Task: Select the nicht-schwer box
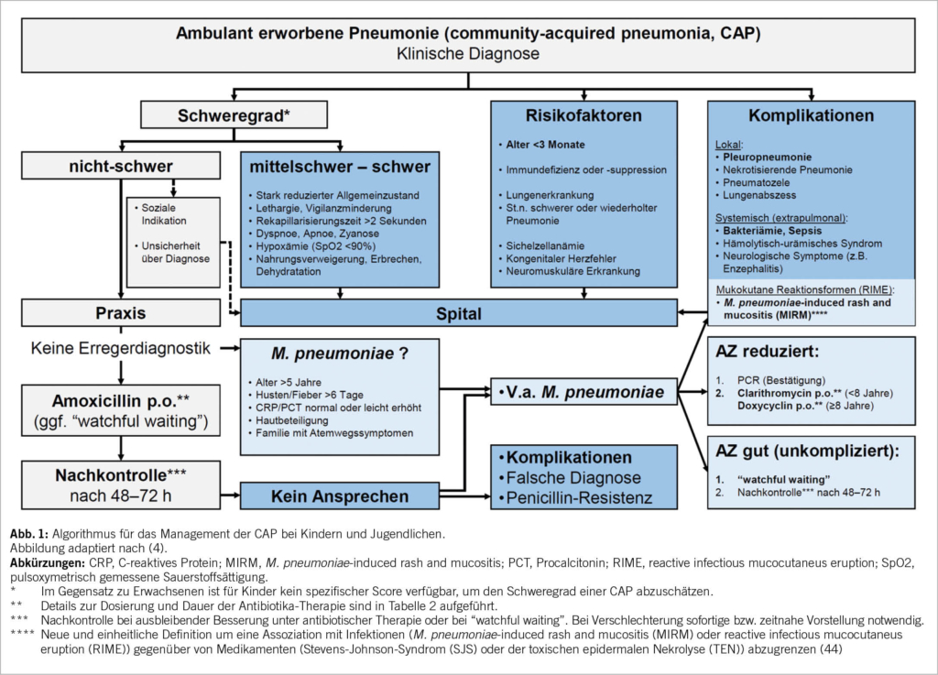(x=121, y=166)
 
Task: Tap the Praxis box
(x=121, y=313)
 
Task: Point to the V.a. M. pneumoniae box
(x=578, y=393)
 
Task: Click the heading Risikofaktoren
(x=584, y=116)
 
